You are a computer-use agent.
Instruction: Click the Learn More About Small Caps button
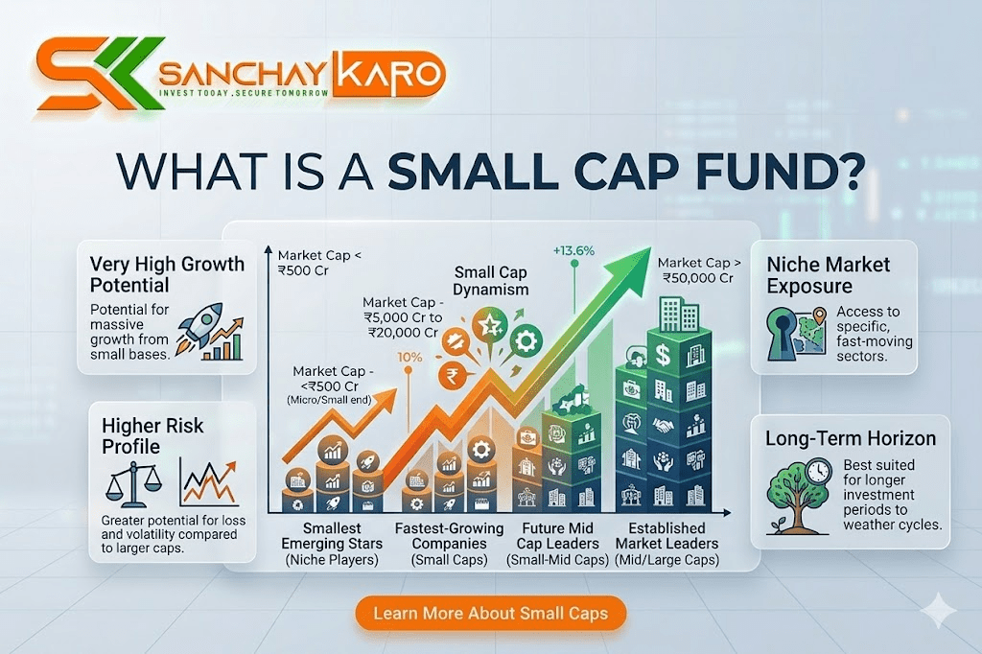[490, 613]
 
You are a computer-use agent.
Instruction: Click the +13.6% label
[573, 251]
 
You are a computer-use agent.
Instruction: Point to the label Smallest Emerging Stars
[332, 544]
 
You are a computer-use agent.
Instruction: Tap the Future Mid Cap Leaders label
[557, 544]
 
